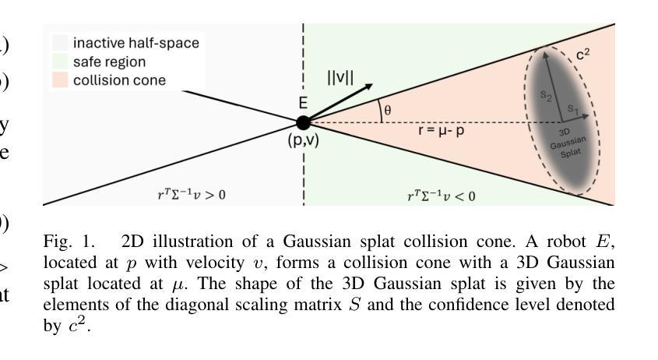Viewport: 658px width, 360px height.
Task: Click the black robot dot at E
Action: pos(303,122)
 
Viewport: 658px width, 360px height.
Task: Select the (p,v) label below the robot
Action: pos(303,141)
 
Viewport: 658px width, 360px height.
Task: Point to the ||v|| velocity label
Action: pos(340,78)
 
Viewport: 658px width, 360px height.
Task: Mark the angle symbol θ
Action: pos(388,111)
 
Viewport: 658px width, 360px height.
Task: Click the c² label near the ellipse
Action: pos(582,55)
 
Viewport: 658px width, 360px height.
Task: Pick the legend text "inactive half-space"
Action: pos(136,43)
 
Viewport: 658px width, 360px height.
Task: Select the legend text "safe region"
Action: pos(109,62)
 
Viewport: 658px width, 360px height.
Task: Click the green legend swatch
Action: pos(61,62)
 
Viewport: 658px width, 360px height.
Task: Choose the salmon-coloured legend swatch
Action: pos(61,80)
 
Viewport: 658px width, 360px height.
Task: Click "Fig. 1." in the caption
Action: pos(62,241)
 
